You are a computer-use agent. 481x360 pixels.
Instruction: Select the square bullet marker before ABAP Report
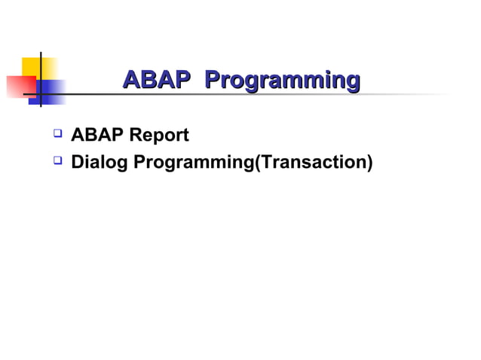57,135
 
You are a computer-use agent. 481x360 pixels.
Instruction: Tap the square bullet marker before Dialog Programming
57,160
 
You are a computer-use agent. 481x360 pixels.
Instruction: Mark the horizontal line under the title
226,95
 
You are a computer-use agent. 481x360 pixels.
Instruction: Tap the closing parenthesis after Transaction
369,162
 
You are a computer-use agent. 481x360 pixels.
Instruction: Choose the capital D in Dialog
76,161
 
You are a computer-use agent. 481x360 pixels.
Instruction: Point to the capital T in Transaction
266,161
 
